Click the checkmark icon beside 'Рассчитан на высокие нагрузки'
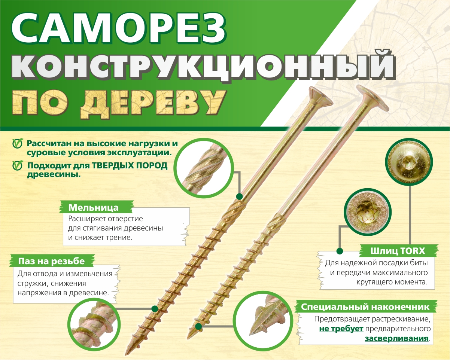coord(17,144)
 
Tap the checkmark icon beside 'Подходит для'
coord(17,166)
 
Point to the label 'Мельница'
coord(93,207)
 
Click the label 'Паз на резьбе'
coord(51,261)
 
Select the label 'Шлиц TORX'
coord(398,251)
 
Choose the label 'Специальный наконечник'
coord(365,307)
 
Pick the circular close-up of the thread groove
coord(94,324)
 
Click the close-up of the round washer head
coord(409,162)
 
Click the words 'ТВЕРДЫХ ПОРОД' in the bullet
coord(130,166)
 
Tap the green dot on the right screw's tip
coord(198,327)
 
